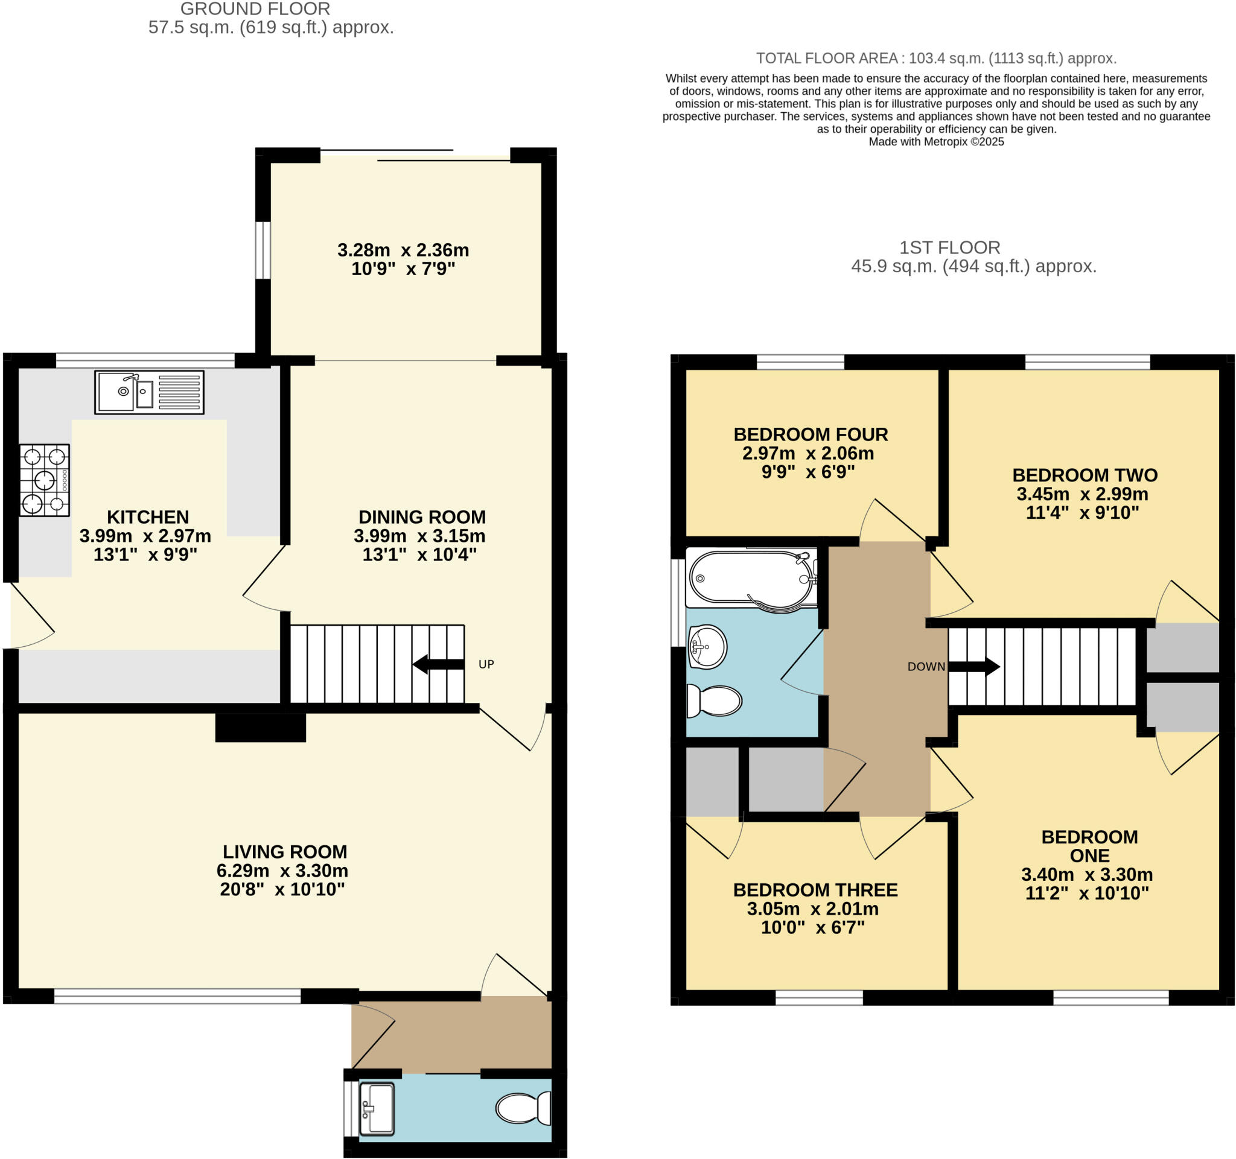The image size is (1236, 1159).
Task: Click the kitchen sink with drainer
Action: [149, 392]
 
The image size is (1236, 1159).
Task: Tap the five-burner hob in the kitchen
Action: [44, 480]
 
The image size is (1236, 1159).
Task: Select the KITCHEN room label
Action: [148, 517]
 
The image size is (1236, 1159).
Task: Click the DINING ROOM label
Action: [422, 517]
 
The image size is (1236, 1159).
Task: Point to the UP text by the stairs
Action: [486, 664]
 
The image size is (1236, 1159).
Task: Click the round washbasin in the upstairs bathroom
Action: [707, 647]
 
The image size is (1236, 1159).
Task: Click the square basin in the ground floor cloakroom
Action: [376, 1109]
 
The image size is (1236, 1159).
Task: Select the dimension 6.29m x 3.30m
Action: [282, 870]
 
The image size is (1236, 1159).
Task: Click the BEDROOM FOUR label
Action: [811, 434]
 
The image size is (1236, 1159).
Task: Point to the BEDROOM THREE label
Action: [815, 890]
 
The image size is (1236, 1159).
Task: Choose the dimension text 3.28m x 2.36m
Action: [403, 250]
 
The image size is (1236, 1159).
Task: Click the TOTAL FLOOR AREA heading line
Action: [935, 59]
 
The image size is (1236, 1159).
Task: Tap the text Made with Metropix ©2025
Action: [935, 142]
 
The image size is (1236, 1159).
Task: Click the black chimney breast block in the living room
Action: [261, 727]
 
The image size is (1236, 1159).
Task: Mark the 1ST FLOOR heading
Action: [949, 247]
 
